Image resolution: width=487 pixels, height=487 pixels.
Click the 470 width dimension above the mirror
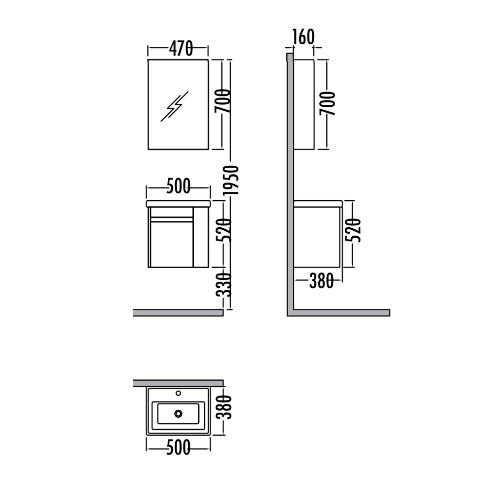(181, 48)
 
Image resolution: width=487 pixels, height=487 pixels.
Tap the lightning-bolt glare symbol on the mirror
(174, 106)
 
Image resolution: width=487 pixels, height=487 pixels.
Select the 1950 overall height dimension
(231, 180)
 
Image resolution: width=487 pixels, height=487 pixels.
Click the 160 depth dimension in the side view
(304, 37)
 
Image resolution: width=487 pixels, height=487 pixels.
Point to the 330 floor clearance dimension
(224, 285)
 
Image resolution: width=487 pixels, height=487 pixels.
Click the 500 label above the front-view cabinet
(178, 186)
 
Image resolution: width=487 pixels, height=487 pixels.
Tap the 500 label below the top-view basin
(178, 448)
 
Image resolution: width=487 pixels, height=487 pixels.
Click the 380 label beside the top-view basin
(224, 407)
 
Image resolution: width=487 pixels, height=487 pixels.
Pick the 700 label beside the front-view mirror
(223, 101)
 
